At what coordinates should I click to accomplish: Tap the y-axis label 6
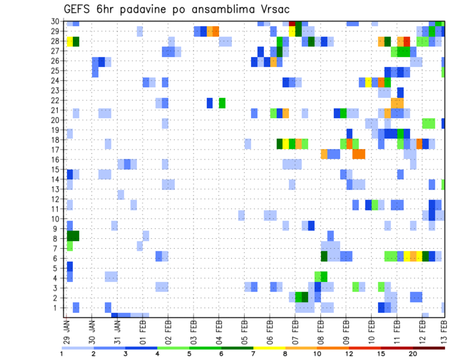(57, 258)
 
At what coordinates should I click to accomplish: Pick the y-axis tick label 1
(57, 308)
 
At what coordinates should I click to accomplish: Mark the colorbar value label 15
(381, 353)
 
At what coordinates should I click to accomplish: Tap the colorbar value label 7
(253, 353)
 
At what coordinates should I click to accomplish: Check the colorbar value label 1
(62, 353)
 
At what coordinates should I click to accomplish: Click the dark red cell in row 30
(292, 23)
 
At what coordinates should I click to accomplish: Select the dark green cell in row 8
(73, 236)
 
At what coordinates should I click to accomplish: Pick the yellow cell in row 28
(70, 41)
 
